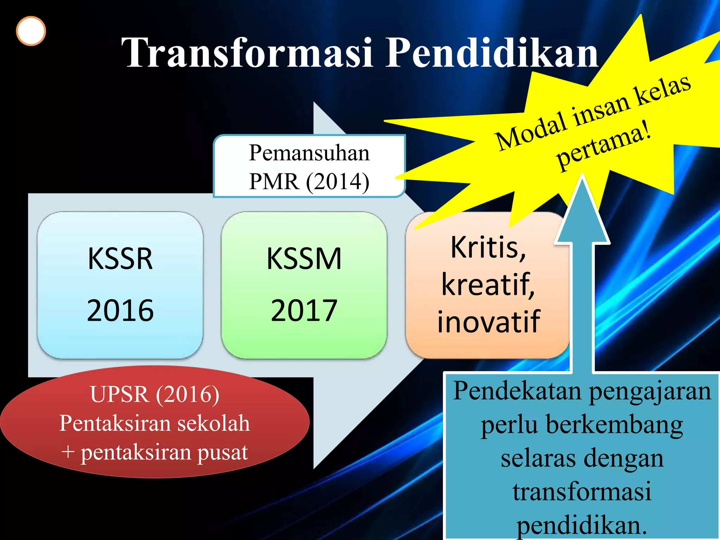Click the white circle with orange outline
click(31, 31)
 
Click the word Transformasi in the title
click(246, 53)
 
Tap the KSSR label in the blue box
click(120, 259)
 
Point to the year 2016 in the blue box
click(120, 310)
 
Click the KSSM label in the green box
click(304, 259)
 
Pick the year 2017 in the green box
click(304, 310)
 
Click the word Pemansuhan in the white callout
click(309, 153)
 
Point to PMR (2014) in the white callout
click(309, 182)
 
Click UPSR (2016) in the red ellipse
click(155, 394)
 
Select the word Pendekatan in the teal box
click(517, 391)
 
